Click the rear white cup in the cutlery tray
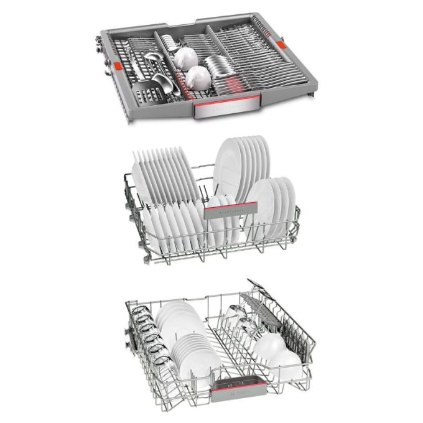[x=185, y=58]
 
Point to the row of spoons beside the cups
[x=219, y=65]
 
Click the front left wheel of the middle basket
[x=147, y=257]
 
